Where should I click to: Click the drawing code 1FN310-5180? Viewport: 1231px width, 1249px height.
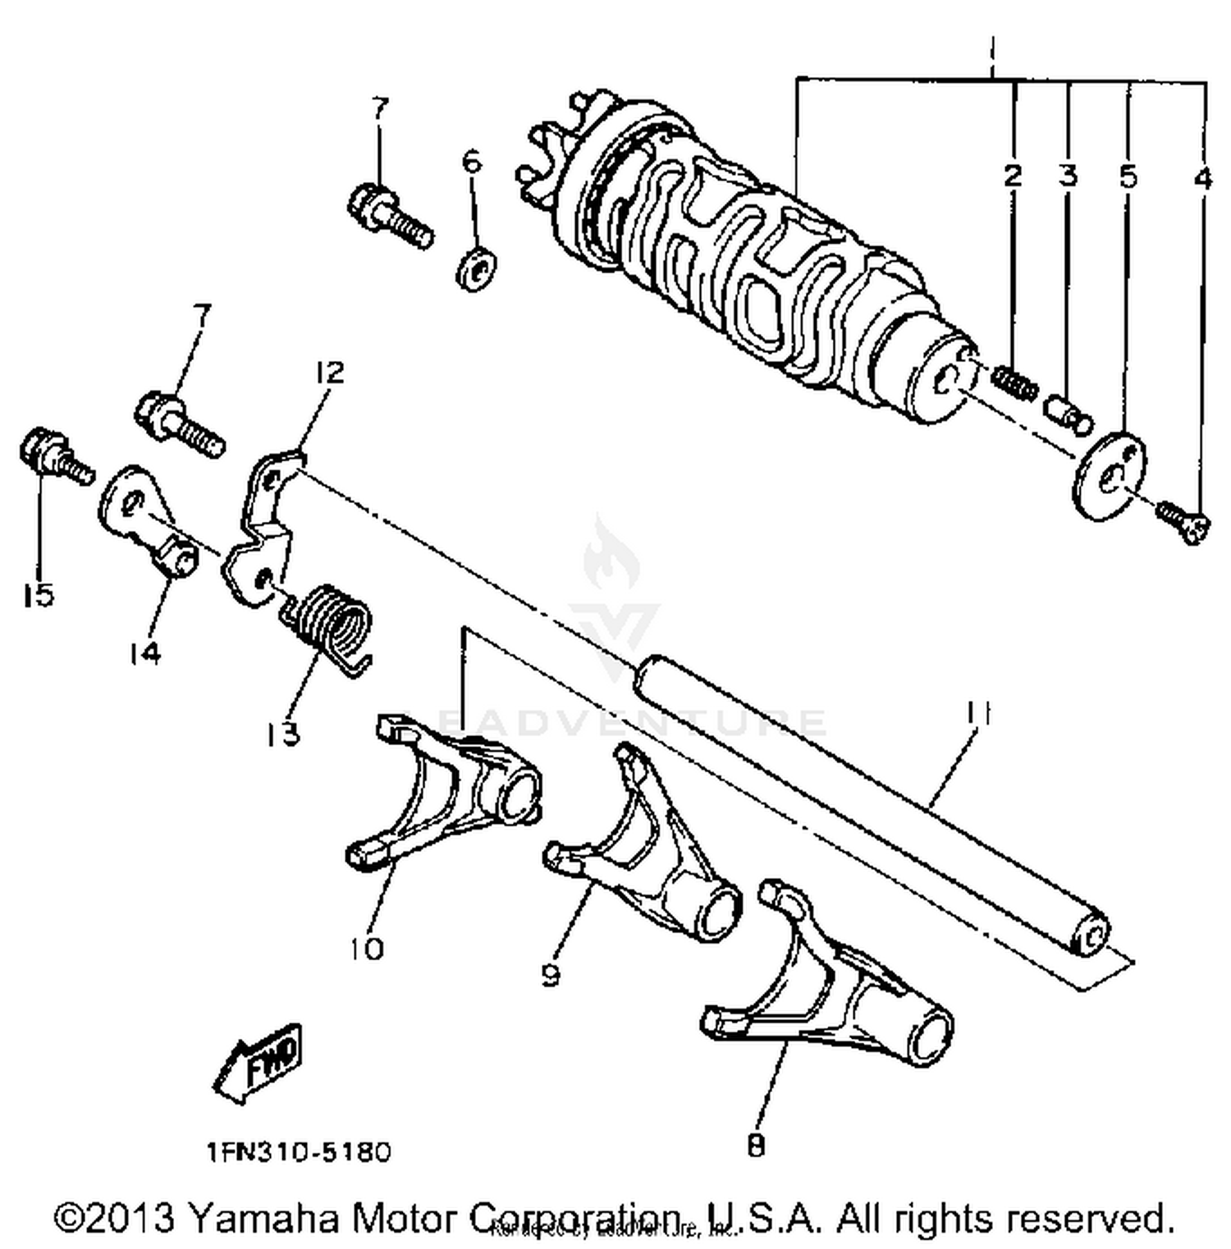pyautogui.click(x=299, y=1151)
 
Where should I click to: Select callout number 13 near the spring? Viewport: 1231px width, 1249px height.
pyautogui.click(x=282, y=733)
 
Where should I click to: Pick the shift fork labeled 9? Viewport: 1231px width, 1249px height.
pyautogui.click(x=648, y=853)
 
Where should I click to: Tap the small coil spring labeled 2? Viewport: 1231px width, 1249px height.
pyautogui.click(x=1015, y=383)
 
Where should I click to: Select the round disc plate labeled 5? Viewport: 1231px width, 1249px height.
pyautogui.click(x=1108, y=476)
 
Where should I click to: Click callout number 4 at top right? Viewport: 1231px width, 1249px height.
pyautogui.click(x=1202, y=177)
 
